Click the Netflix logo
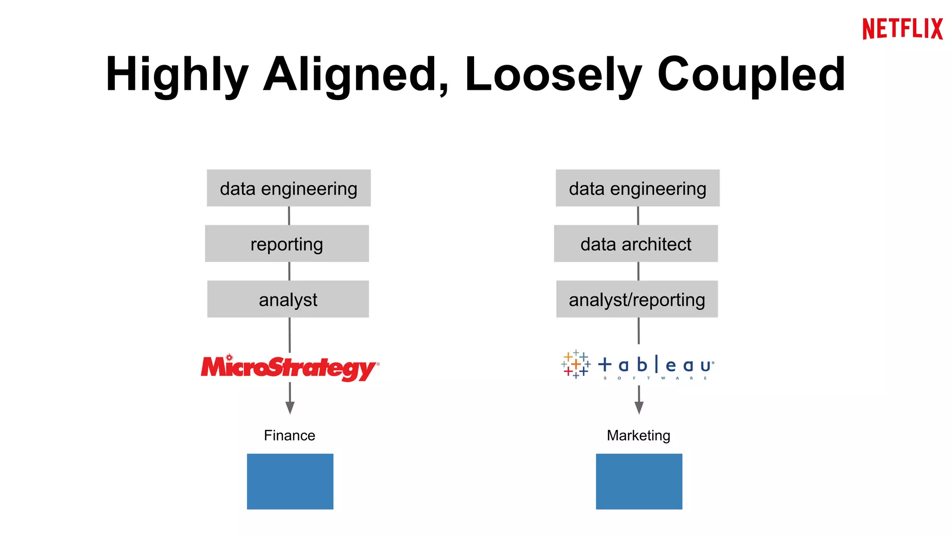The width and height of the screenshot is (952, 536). pos(902,29)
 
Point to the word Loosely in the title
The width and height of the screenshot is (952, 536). pos(553,74)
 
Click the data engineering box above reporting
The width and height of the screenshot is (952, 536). pos(289,188)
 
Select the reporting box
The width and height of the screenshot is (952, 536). pos(287,244)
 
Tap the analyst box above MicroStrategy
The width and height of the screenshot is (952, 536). pos(288,299)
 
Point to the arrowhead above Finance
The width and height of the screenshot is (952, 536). pos(290,408)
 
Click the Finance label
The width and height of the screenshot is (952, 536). pos(290,435)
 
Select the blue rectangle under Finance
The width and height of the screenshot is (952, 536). pos(290,481)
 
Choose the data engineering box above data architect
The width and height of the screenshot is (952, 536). pos(637,188)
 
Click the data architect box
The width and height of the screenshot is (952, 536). pos(635,244)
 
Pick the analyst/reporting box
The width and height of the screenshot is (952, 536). pos(637,299)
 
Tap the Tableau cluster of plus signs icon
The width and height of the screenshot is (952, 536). pos(576,364)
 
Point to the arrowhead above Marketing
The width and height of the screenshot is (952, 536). pos(639,408)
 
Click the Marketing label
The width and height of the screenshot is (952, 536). pos(639,435)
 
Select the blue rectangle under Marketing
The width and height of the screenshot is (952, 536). pos(639,481)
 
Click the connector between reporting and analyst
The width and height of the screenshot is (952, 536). pos(289,271)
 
